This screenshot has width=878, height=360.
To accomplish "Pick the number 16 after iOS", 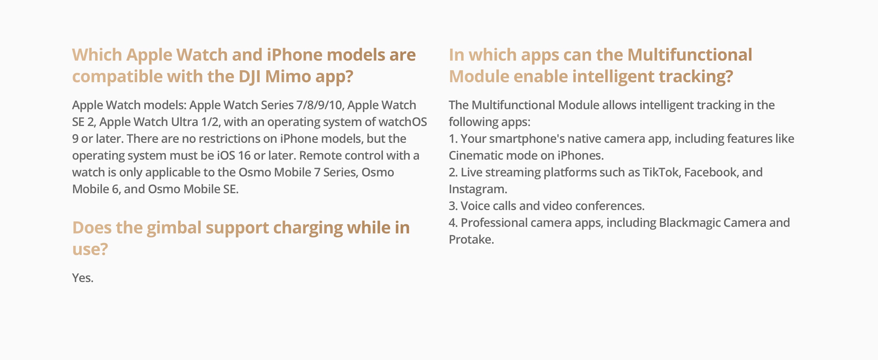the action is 244,155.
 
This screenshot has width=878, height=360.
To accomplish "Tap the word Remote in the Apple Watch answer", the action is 319,155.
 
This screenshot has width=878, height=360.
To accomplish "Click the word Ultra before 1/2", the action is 184,122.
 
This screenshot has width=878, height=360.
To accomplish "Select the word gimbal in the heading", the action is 174,228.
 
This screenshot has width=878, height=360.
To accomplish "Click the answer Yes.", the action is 82,278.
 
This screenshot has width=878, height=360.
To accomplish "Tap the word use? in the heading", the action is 90,249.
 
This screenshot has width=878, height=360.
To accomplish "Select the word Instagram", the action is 478,189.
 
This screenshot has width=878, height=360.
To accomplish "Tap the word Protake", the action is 471,240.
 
